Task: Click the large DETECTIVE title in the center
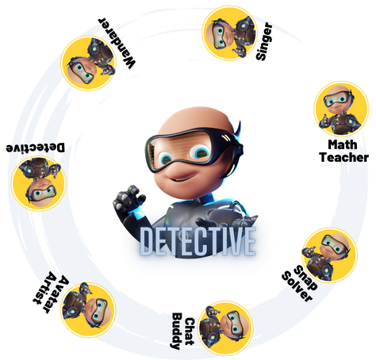pos(198,241)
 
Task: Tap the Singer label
pos(264,41)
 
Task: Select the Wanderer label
pos(117,43)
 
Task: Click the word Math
pos(343,144)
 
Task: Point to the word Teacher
pos(343,157)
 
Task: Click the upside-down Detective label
pos(35,147)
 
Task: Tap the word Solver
pos(297,286)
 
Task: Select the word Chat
pos(189,331)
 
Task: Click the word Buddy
pos(177,331)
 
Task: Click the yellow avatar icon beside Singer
pos(229,33)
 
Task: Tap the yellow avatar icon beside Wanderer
pos(88,63)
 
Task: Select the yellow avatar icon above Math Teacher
pos(341,109)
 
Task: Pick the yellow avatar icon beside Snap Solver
pos(329,255)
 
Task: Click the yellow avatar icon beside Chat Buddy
pos(225,328)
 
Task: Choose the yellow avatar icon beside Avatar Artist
pos(88,310)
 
